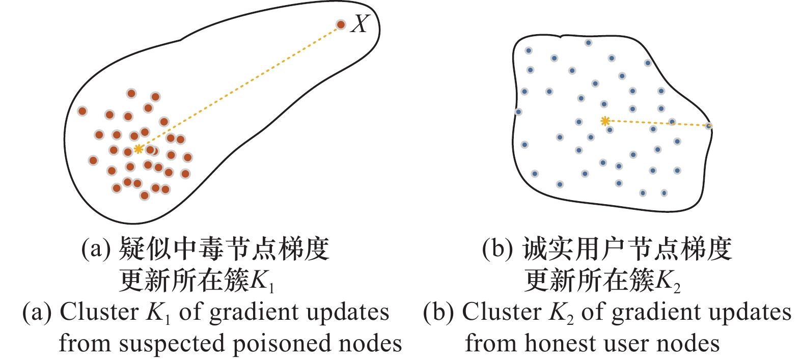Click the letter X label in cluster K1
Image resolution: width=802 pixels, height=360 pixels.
(359, 24)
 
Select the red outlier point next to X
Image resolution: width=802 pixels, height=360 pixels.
(341, 24)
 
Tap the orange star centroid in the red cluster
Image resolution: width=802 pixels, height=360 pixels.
(138, 149)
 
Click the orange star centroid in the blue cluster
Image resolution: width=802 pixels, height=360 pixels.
(605, 121)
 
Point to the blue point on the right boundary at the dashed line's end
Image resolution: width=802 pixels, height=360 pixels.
(709, 126)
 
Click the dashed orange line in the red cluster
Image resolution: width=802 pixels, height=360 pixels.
(239, 87)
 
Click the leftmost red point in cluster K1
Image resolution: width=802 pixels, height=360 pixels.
(82, 111)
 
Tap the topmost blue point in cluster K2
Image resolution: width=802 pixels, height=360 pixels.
(588, 43)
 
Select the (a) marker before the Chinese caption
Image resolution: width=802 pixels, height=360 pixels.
(96, 249)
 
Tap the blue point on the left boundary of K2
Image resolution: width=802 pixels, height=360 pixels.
(518, 112)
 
